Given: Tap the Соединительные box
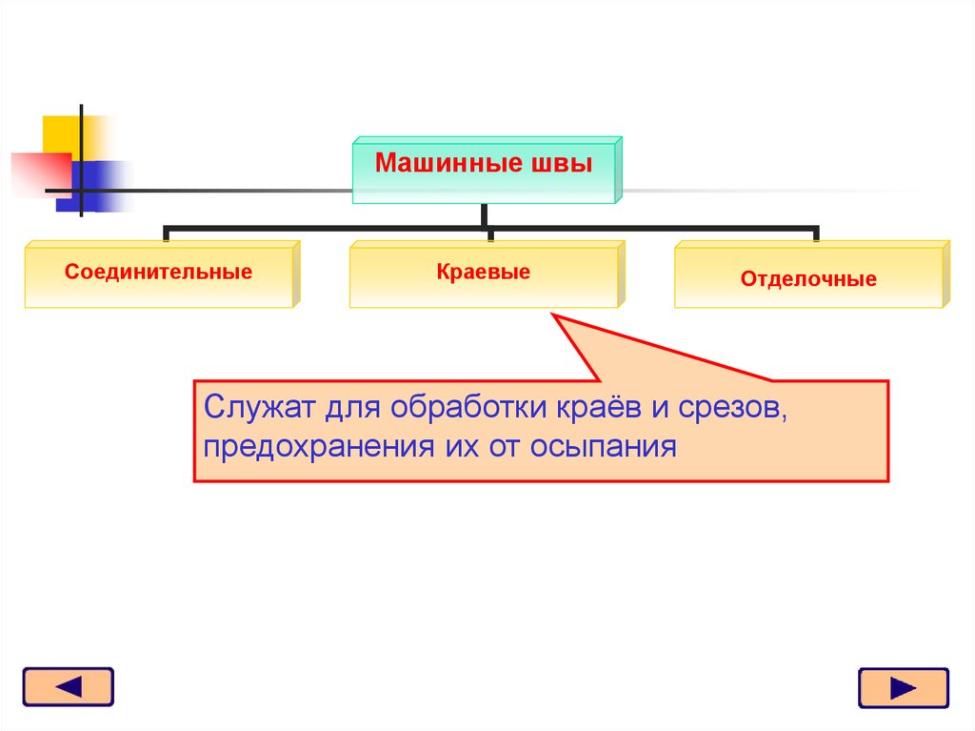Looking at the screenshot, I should click(x=159, y=274).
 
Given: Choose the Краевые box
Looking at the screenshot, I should click(x=484, y=274).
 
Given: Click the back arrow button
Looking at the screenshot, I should click(x=68, y=687).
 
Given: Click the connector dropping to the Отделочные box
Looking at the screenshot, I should click(x=816, y=234).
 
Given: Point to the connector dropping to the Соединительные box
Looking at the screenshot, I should click(x=167, y=234).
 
